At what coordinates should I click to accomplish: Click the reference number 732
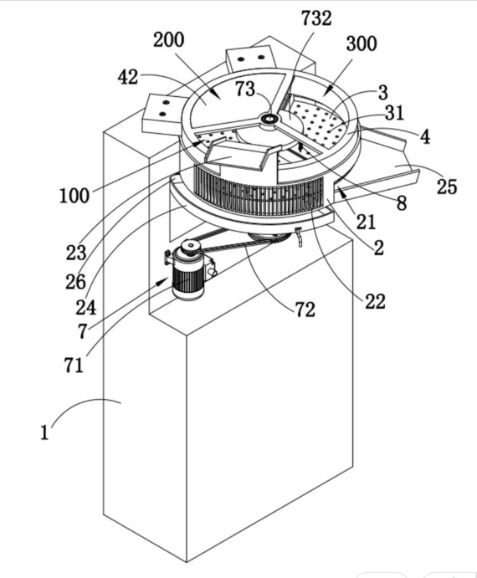(x=316, y=18)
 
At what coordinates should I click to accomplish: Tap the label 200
(x=168, y=40)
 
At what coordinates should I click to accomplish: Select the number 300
(x=362, y=43)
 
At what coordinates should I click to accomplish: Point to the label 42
(x=128, y=78)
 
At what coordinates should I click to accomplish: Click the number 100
(x=74, y=196)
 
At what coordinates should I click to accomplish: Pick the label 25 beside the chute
(x=447, y=187)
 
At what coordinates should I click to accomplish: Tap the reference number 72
(x=305, y=309)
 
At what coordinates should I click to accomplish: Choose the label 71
(x=74, y=366)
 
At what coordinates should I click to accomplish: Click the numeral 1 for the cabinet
(x=44, y=432)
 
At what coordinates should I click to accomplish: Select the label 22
(x=375, y=301)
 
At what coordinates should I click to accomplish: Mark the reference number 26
(x=75, y=282)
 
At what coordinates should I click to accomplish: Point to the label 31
(x=395, y=113)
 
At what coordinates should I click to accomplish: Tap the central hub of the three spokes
(x=269, y=119)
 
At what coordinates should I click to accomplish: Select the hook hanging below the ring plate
(x=300, y=238)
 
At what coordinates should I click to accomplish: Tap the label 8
(x=402, y=202)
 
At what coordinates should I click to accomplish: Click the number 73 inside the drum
(x=245, y=89)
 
